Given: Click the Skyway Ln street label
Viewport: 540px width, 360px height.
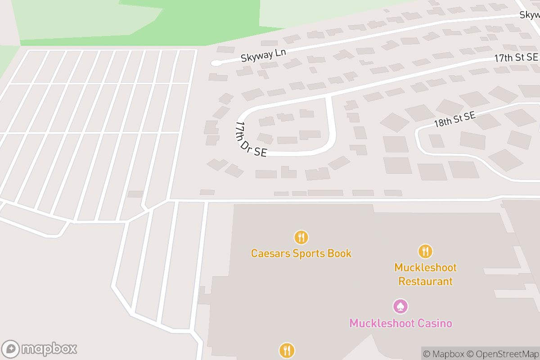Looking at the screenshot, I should pos(263,55).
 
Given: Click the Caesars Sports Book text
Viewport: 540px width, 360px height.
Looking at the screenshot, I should pos(301,253).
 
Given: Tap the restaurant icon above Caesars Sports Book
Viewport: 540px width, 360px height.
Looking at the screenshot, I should pos(301,237).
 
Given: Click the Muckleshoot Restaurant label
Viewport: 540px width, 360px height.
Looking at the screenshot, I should pos(425,274).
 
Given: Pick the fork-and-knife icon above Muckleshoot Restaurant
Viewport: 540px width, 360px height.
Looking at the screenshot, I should pos(425,251).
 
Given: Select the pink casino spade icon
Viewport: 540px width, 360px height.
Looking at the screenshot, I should pos(400,306).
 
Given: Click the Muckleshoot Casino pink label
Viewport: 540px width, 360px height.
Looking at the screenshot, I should pos(400,323).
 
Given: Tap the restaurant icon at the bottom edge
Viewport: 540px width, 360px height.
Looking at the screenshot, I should pos(287,350).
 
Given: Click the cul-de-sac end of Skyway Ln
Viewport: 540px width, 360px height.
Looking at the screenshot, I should pos(217,63).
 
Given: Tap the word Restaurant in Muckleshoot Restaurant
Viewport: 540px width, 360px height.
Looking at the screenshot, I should pos(425,282).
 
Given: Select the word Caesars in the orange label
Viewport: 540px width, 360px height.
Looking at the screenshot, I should pos(270,253).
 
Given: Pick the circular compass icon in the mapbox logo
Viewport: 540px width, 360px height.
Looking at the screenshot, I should pos(11,349).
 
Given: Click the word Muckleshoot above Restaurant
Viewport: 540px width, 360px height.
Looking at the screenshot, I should pos(425,267).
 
